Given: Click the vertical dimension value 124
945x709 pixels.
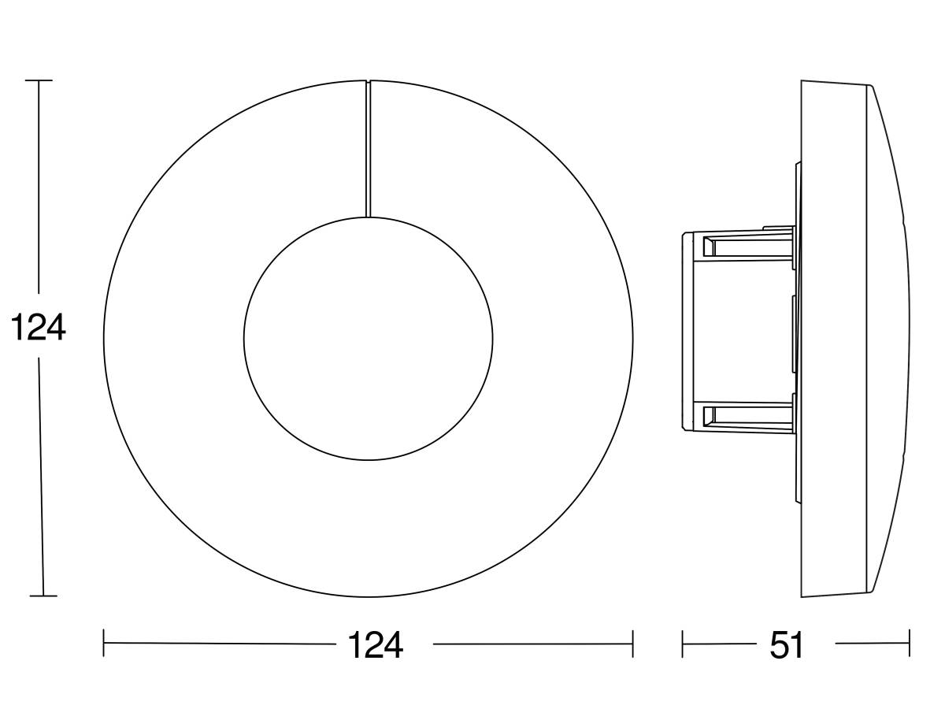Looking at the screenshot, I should pyautogui.click(x=38, y=328).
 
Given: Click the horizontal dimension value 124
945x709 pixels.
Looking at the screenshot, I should pyautogui.click(x=376, y=645).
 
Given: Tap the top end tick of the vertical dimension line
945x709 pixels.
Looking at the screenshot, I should pyautogui.click(x=39, y=80).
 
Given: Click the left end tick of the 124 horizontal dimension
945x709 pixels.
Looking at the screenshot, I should pyautogui.click(x=104, y=644).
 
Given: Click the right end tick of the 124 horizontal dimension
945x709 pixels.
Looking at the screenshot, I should pyautogui.click(x=632, y=644).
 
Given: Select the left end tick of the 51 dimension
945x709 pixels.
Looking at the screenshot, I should pyautogui.click(x=683, y=644).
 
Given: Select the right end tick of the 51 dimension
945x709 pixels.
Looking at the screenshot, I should pyautogui.click(x=910, y=644).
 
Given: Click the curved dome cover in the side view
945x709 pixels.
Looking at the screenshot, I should pyautogui.click(x=890, y=331).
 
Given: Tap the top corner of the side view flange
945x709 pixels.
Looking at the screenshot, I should pyautogui.click(x=802, y=82).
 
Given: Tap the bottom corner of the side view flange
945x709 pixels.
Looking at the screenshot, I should pyautogui.click(x=802, y=596).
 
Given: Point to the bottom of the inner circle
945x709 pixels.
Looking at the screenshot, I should pyautogui.click(x=368, y=459).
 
